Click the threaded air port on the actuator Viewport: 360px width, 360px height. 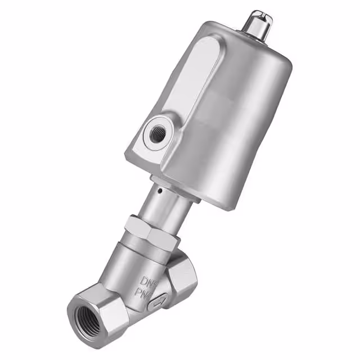click(155, 133)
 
